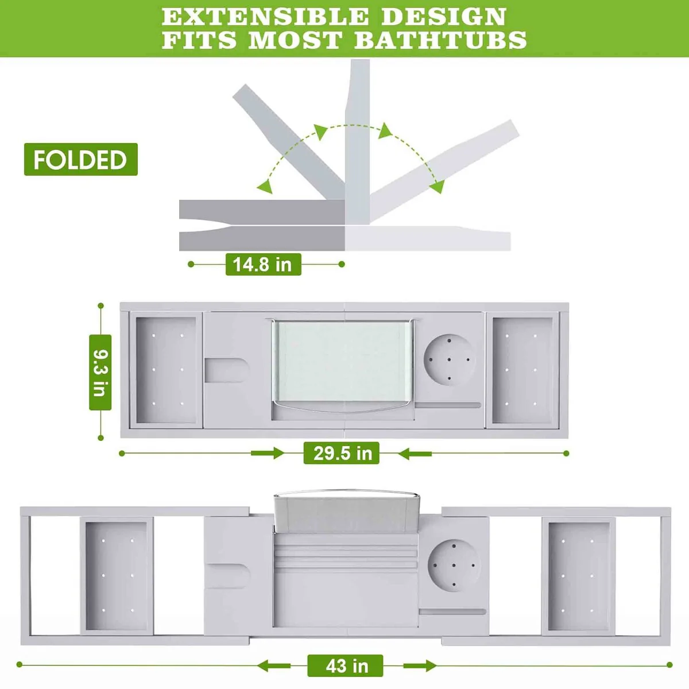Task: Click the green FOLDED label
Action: [81, 159]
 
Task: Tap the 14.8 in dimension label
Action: [263, 264]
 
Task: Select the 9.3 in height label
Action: [100, 372]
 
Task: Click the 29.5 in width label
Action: [341, 453]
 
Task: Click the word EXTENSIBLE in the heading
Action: [265, 16]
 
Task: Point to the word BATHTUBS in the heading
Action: [440, 40]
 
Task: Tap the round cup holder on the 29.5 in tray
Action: [450, 359]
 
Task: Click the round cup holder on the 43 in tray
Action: [454, 566]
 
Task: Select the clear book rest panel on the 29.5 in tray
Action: [343, 361]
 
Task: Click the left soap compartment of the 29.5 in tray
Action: [167, 370]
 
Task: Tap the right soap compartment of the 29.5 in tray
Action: [522, 370]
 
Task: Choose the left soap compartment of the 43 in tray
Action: [117, 576]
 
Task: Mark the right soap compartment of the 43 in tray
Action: [579, 576]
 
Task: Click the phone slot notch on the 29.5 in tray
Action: [227, 370]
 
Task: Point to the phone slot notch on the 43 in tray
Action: [229, 576]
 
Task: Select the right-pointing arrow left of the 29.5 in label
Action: [268, 454]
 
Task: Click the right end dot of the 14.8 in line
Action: [342, 264]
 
